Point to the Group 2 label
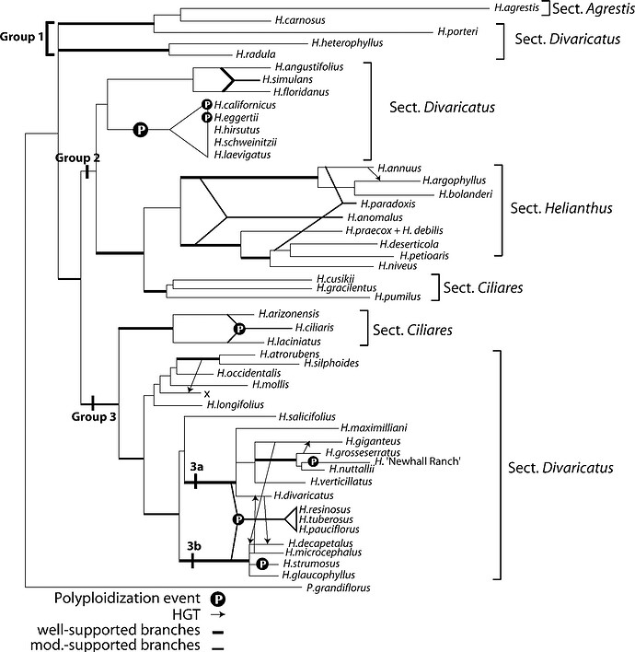pos(77,157)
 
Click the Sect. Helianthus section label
pos(560,208)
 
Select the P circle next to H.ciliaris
pos(239,327)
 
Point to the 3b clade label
pos(193,545)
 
